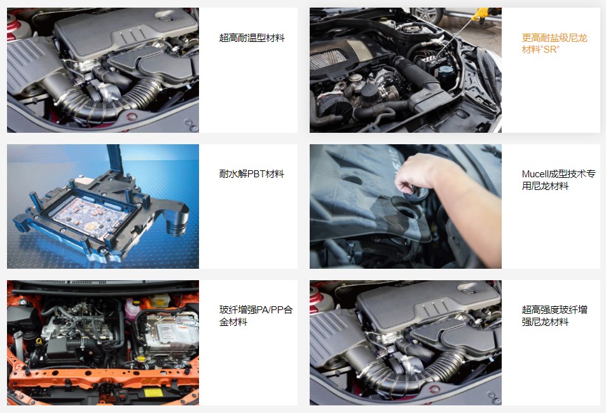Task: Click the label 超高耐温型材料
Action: click(x=252, y=38)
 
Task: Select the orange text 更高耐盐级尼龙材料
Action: click(x=554, y=44)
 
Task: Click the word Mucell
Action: click(x=535, y=174)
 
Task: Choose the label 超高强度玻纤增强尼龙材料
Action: click(x=554, y=316)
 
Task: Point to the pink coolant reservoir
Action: click(x=132, y=309)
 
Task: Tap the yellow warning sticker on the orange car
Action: click(x=153, y=393)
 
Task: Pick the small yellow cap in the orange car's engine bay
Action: click(x=141, y=359)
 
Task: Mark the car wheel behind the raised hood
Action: click(x=428, y=15)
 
